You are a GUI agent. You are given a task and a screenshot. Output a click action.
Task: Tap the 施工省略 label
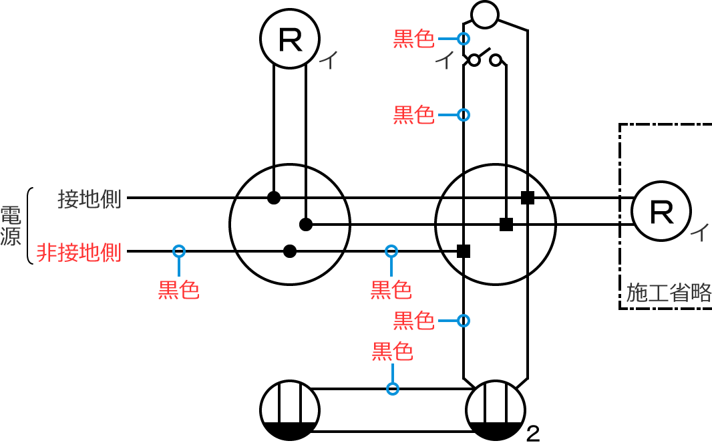coord(669,293)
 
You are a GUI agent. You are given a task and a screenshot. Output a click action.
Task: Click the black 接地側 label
coord(90,198)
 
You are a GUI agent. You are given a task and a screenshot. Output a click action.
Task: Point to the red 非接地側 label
coord(79,253)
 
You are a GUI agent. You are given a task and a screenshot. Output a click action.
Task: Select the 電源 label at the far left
coord(11,226)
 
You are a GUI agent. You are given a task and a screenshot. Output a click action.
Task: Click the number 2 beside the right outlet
coord(532,434)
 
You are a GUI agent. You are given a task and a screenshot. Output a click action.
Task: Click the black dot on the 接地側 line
coord(273,198)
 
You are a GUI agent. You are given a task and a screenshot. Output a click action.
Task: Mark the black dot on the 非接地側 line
coord(289,251)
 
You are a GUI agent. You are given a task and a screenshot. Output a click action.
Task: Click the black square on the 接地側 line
coord(528,198)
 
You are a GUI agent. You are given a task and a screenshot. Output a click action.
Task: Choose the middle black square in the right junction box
coord(506,225)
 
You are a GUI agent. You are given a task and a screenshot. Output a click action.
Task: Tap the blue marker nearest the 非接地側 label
coord(178,251)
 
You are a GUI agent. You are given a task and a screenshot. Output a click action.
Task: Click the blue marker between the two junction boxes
coord(391,251)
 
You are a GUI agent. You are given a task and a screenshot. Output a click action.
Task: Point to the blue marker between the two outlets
coord(393,388)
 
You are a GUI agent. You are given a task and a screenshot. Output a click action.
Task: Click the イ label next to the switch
coord(443,61)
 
